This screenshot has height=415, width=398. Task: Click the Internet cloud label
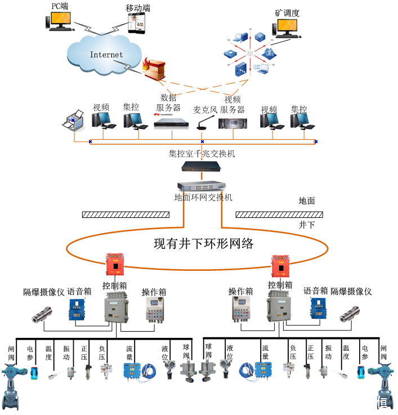pyautogui.click(x=106, y=55)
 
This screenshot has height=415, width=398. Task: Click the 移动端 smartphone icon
pyautogui.click(x=137, y=24)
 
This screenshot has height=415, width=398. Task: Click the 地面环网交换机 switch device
pyautogui.click(x=202, y=186)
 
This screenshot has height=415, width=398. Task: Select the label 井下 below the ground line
pyautogui.click(x=307, y=225)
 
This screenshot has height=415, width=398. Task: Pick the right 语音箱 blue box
pyautogui.click(x=317, y=309)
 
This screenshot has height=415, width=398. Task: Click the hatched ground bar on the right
pyautogui.click(x=279, y=214)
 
